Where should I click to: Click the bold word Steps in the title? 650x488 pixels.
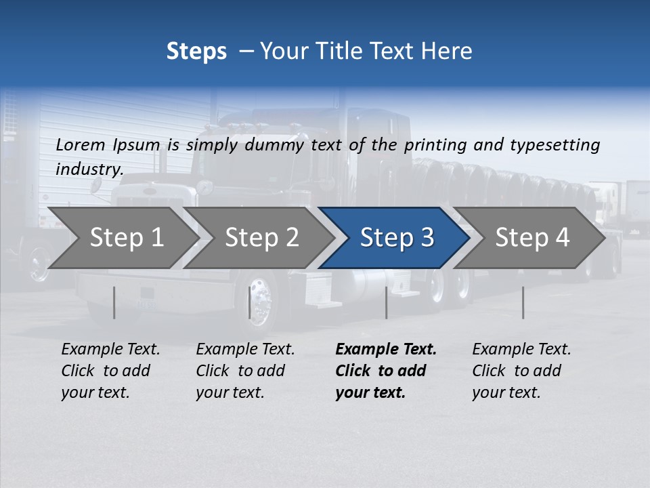pyautogui.click(x=196, y=52)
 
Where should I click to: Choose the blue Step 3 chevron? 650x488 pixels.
pyautogui.click(x=396, y=238)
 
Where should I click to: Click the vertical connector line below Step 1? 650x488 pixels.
pyautogui.click(x=114, y=302)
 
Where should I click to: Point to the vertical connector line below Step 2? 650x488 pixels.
pyautogui.click(x=250, y=302)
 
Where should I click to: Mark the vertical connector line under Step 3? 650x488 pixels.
pyautogui.click(x=386, y=302)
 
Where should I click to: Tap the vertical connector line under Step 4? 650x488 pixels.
pyautogui.click(x=523, y=302)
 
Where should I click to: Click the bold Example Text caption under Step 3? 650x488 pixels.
pyautogui.click(x=385, y=371)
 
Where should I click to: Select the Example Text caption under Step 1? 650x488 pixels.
pyautogui.click(x=110, y=371)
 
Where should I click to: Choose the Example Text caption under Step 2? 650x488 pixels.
pyautogui.click(x=245, y=371)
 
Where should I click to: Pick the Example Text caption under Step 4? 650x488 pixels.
pyautogui.click(x=521, y=371)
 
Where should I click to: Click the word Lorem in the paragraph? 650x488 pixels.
pyautogui.click(x=81, y=144)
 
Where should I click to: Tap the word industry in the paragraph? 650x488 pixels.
pyautogui.click(x=89, y=169)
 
